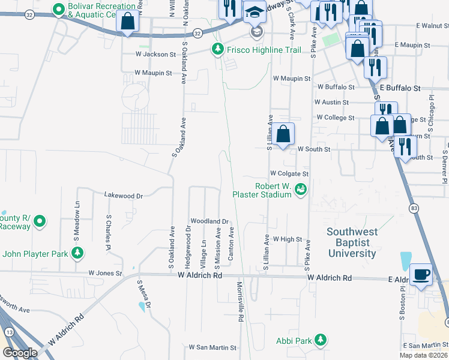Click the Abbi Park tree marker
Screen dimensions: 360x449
tap(321, 340)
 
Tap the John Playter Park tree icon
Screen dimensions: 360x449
tap(77, 253)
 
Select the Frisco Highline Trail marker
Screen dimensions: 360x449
tap(218, 50)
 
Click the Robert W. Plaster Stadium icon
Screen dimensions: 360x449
tap(301, 190)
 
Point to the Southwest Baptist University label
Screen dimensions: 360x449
tap(352, 242)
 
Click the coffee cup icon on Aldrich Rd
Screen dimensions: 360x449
tap(421, 273)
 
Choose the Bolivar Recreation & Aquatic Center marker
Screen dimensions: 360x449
tap(58, 10)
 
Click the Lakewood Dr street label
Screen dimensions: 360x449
tap(123, 196)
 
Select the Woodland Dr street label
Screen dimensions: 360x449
tap(209, 221)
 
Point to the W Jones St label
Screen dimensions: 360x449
tap(105, 273)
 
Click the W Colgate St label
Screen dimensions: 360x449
tap(289, 173)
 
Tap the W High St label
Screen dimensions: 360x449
tap(288, 239)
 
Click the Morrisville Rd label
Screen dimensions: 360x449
tap(240, 302)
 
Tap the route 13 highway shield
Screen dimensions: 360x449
tap(8, 331)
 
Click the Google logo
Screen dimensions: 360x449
tap(20, 353)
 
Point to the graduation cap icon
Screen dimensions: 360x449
tap(255, 12)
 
